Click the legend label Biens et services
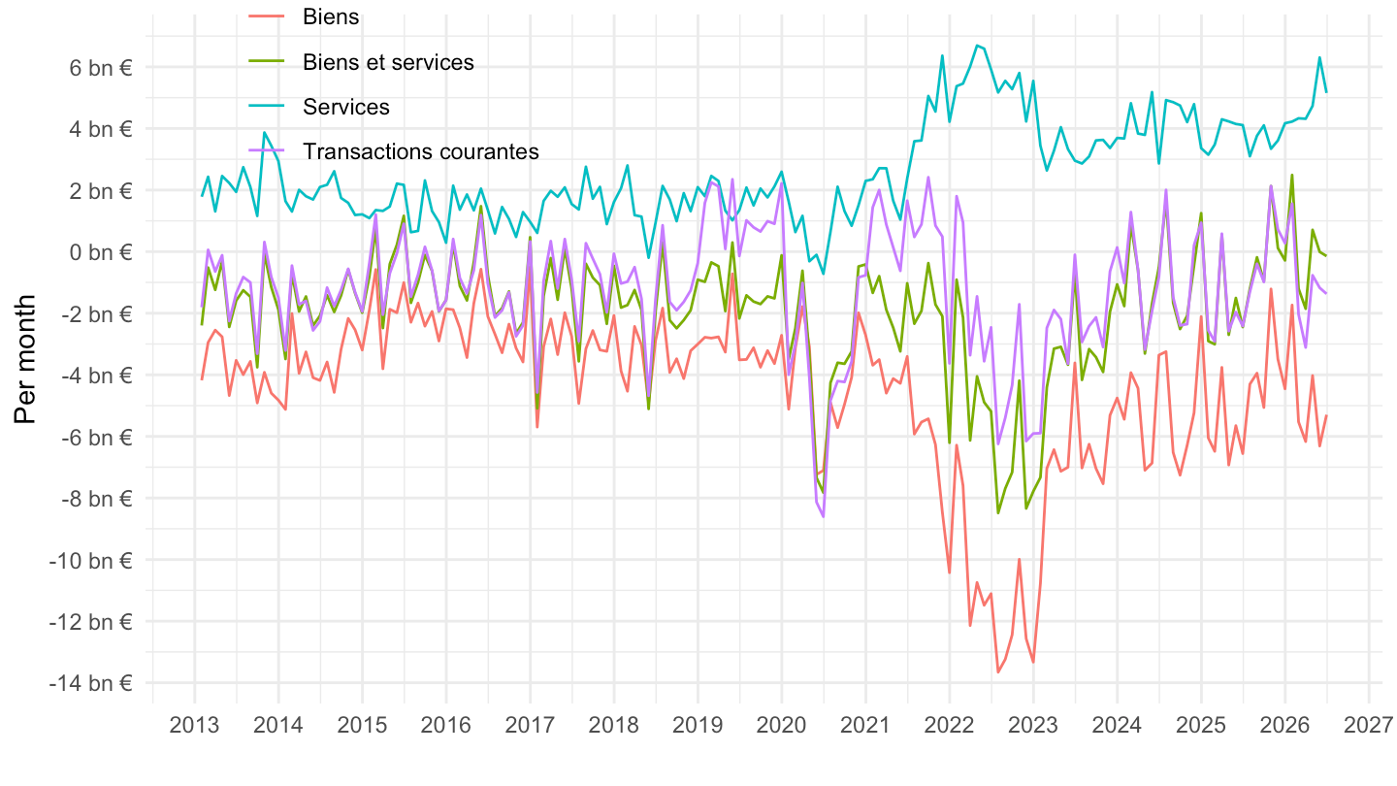click(x=388, y=62)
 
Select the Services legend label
click(x=346, y=108)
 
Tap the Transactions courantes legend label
click(x=421, y=151)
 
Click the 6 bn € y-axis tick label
click(x=101, y=67)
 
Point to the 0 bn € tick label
click(x=101, y=252)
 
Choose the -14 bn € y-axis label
click(x=91, y=684)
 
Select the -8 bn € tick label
click(x=96, y=499)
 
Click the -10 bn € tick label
click(x=91, y=561)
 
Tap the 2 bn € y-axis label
click(x=101, y=191)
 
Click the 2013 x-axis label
click(x=195, y=726)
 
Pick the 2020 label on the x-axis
click(x=782, y=726)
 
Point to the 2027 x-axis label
click(x=1369, y=726)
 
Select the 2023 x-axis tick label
click(x=1033, y=726)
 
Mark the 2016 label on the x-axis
click(x=446, y=726)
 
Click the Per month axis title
click(x=25, y=360)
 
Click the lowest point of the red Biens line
click(x=998, y=671)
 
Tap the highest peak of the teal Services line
click(x=977, y=46)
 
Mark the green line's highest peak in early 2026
click(x=1291, y=176)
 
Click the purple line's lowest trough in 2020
click(x=824, y=516)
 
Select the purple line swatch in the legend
click(x=267, y=151)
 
